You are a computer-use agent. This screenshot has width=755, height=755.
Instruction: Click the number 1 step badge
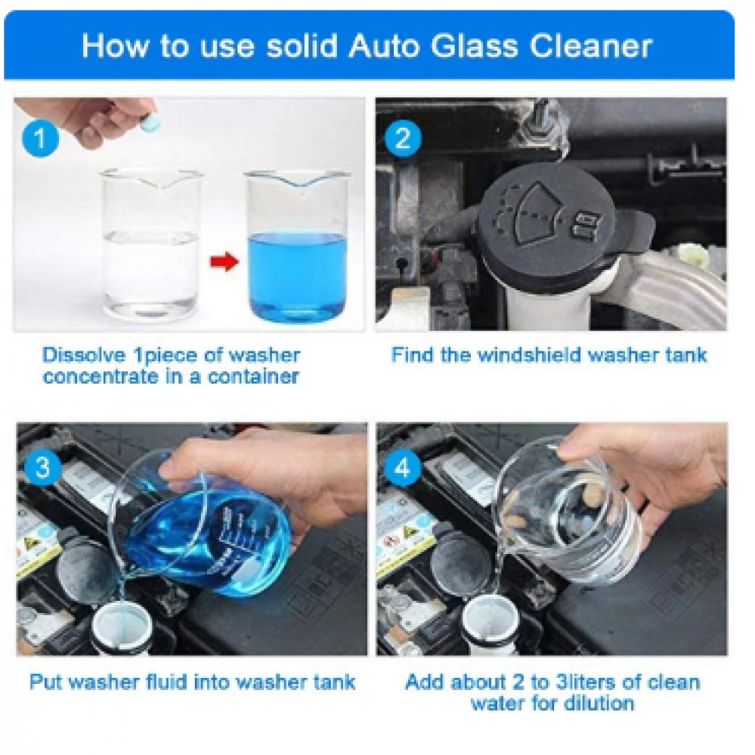(41, 139)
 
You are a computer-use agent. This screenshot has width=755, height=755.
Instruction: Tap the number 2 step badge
(403, 139)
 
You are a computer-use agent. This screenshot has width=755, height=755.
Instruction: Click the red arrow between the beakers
(224, 262)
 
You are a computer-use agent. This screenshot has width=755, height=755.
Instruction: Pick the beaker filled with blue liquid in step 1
(296, 246)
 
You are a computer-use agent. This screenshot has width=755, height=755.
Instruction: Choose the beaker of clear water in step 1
(150, 243)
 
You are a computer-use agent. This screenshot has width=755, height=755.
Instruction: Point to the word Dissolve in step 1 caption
(83, 355)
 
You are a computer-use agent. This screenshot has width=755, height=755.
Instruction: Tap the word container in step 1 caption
(253, 376)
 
